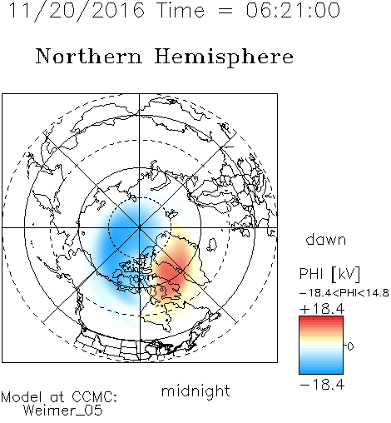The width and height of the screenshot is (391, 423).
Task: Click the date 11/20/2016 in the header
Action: point(77,11)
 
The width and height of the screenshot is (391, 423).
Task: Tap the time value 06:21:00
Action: point(293,10)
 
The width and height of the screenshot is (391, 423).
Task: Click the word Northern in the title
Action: point(89,57)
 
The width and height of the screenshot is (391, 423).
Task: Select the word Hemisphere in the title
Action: point(224,57)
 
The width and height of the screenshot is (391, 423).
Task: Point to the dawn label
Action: point(326,239)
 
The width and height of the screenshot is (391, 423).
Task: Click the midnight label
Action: point(195,391)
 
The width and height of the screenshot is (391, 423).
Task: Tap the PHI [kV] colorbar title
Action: point(329,274)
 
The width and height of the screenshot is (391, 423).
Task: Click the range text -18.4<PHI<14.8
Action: point(344,293)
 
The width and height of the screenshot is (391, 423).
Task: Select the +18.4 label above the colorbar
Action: point(322,309)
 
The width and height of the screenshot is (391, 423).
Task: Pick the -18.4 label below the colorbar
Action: point(322,385)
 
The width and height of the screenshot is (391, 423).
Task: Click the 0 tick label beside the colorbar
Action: point(350,346)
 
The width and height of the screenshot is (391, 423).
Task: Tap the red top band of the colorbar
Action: point(321,320)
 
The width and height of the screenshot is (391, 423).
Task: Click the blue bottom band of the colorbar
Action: point(321,370)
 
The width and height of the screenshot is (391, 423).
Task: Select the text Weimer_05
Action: point(62,411)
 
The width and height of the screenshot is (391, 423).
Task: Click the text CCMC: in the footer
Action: point(94,397)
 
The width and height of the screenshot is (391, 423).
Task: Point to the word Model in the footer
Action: point(22,397)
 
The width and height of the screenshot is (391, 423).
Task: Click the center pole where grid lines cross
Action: point(140,228)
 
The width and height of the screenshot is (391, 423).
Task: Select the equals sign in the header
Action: point(225,11)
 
